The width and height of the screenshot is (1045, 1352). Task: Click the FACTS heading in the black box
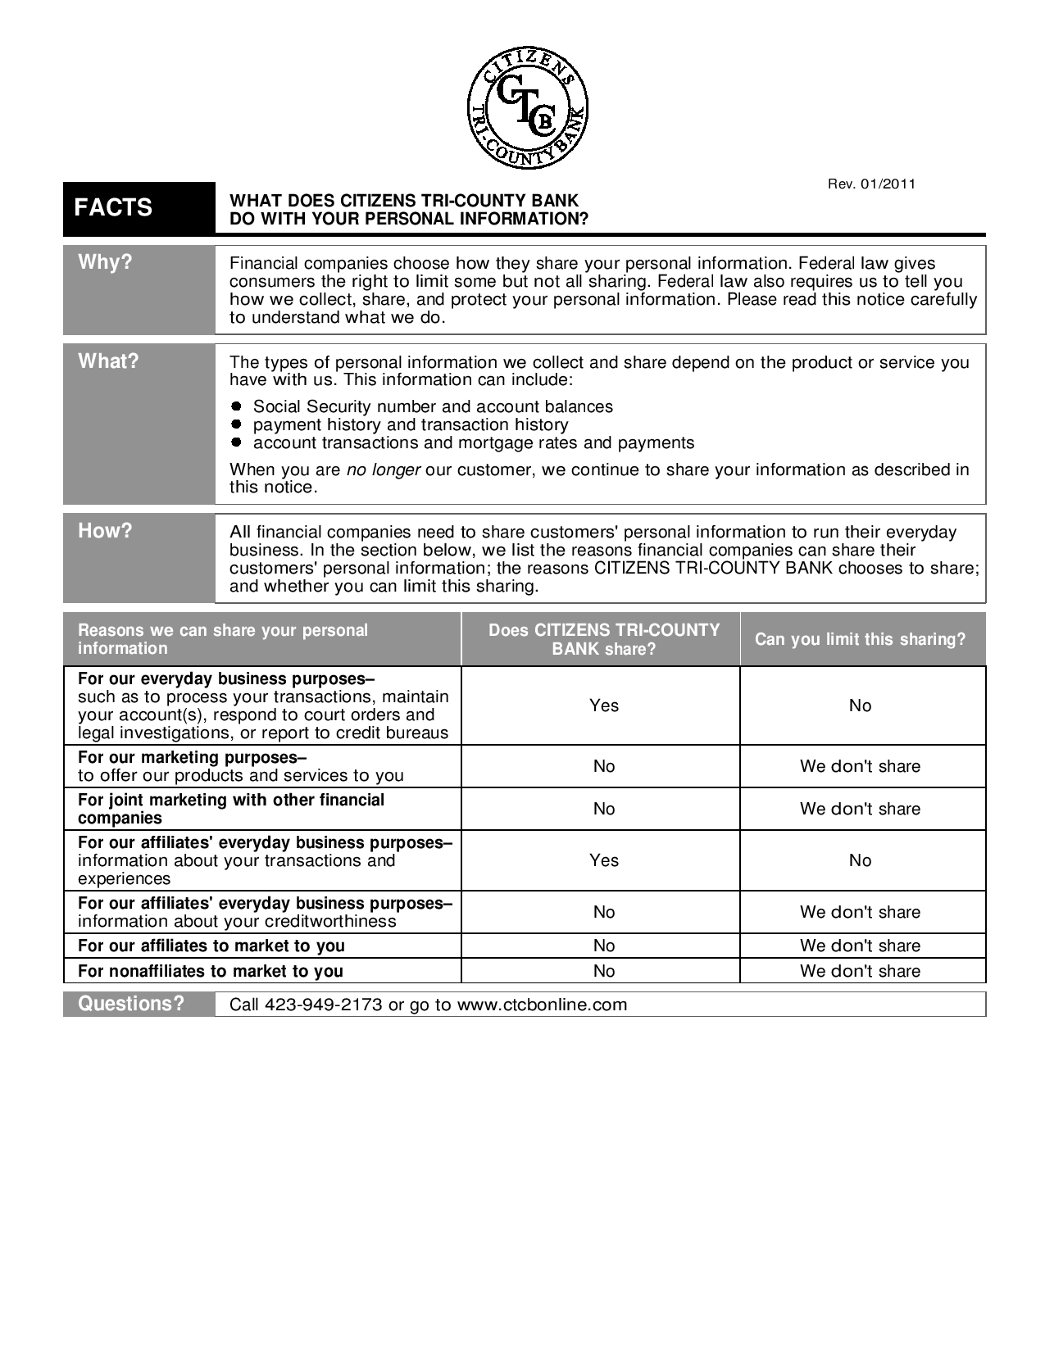click(x=113, y=207)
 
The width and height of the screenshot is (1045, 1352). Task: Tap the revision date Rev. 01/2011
click(x=871, y=184)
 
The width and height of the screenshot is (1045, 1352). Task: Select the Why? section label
click(x=105, y=262)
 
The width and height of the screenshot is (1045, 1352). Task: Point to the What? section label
click(x=108, y=361)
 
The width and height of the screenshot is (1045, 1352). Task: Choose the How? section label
click(x=105, y=530)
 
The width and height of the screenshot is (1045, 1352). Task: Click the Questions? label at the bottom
click(x=131, y=1004)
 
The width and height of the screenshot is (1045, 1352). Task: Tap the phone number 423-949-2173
click(x=324, y=1005)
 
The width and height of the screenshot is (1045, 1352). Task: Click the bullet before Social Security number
click(x=236, y=406)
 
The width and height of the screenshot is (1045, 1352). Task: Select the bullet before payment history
click(x=236, y=424)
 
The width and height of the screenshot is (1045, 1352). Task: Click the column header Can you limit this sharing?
click(x=860, y=639)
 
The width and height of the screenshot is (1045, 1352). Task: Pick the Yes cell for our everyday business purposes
click(x=604, y=705)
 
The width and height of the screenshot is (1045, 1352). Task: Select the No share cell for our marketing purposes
click(x=604, y=766)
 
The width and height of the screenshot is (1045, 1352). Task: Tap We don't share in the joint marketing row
click(x=860, y=809)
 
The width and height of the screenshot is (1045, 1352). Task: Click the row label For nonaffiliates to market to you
click(x=211, y=971)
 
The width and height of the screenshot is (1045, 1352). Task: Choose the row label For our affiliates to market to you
click(x=211, y=946)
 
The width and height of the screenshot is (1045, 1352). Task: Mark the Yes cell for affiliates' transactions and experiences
click(x=604, y=860)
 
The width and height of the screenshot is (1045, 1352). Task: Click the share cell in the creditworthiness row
click(x=604, y=912)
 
